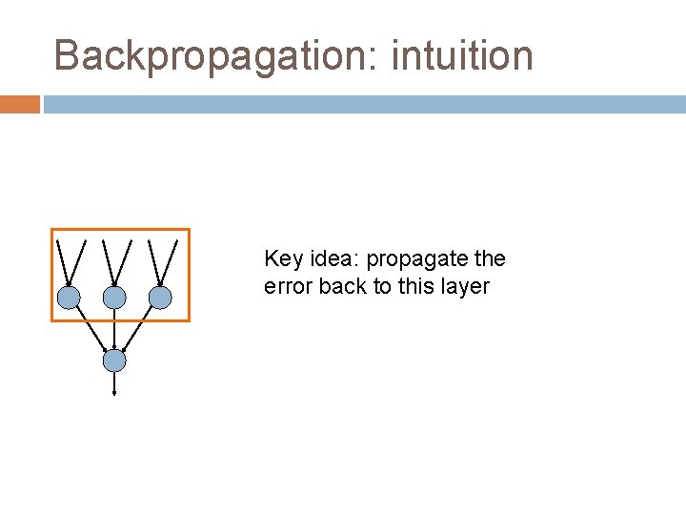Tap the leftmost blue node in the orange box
pos(69,298)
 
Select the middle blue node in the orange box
pos(114,298)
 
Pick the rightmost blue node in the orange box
pos(160,298)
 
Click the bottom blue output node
pos(114,360)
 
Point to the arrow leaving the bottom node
pos(114,383)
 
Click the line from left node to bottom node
pos(91,328)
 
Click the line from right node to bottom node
pos(138,328)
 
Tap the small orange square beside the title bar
pos(20,104)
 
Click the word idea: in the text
pos(333,259)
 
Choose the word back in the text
pos(343,286)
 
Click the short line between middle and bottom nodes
pos(114,330)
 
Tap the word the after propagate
pos(490,259)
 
